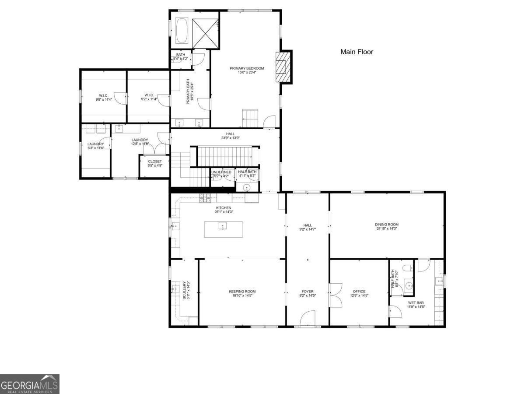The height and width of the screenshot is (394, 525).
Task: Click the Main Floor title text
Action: click(357, 52)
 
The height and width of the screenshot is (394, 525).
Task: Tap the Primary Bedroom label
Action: click(247, 68)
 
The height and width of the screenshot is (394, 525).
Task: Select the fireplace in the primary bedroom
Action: click(283, 67)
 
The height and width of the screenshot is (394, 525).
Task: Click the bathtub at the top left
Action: click(182, 30)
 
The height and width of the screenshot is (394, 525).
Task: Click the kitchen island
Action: click(223, 229)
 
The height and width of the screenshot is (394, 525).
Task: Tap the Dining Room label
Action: click(387, 225)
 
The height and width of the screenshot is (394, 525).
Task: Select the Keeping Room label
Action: click(242, 292)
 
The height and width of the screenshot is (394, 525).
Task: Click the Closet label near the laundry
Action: click(154, 162)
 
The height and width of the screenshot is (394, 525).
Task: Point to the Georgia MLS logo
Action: click(29, 384)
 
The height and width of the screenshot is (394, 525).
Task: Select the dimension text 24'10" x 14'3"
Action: click(387, 229)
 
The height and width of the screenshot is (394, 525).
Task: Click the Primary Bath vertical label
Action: click(189, 93)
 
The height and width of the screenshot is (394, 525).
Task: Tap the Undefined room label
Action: click(221, 172)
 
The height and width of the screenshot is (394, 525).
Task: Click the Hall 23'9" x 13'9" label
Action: click(230, 134)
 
